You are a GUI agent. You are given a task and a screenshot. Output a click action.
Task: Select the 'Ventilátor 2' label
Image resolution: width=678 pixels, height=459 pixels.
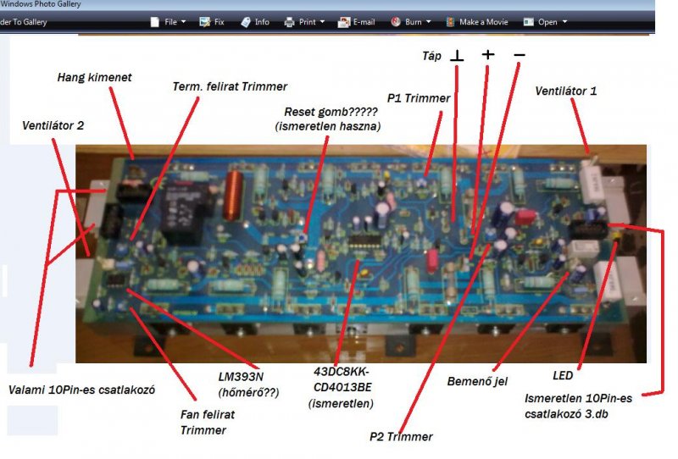[53, 126]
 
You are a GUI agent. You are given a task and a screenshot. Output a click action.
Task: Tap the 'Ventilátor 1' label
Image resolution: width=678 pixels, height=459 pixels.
[565, 90]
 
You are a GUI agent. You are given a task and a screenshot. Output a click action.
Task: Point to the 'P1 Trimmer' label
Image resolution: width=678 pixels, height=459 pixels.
[418, 98]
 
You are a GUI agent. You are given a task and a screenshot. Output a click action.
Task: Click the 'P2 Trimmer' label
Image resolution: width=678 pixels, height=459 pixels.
[401, 437]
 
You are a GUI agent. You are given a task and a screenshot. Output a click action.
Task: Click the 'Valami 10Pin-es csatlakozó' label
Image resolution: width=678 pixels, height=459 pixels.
[81, 390]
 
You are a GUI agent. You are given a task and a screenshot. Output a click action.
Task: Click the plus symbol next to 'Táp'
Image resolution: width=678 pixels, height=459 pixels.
[488, 55]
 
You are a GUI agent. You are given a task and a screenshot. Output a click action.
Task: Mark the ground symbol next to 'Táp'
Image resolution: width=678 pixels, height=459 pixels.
[458, 56]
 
